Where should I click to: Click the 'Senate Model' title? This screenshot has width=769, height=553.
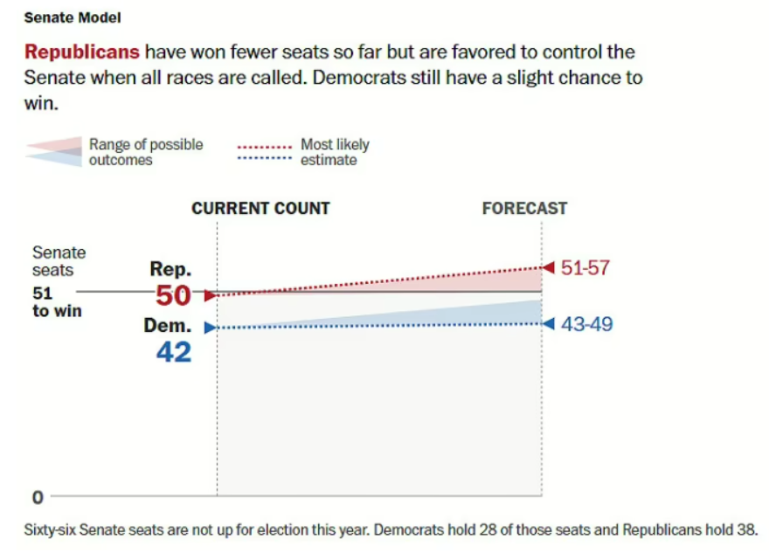point(73,17)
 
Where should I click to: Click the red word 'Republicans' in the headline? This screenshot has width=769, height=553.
point(82,52)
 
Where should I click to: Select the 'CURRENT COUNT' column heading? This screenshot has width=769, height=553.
point(260,209)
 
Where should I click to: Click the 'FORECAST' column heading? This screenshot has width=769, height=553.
point(524,209)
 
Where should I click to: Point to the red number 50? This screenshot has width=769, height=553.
point(173,296)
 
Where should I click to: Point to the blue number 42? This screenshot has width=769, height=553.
point(173,351)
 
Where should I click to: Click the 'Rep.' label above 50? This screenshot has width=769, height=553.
point(170,270)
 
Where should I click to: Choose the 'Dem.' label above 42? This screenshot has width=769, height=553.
point(168,327)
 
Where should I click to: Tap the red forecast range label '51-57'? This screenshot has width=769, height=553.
point(585,268)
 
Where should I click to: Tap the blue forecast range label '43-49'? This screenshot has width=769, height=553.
point(586,324)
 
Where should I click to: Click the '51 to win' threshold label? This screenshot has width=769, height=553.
point(57,301)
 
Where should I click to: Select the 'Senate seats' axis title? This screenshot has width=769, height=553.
point(59,261)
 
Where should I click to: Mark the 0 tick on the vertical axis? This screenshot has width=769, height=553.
point(38,498)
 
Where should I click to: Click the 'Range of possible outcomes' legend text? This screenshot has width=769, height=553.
point(145,152)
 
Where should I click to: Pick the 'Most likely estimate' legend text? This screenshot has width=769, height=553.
point(335,152)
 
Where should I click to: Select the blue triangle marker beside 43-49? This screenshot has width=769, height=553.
point(548,324)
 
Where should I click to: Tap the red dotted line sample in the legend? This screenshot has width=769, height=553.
point(264,146)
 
